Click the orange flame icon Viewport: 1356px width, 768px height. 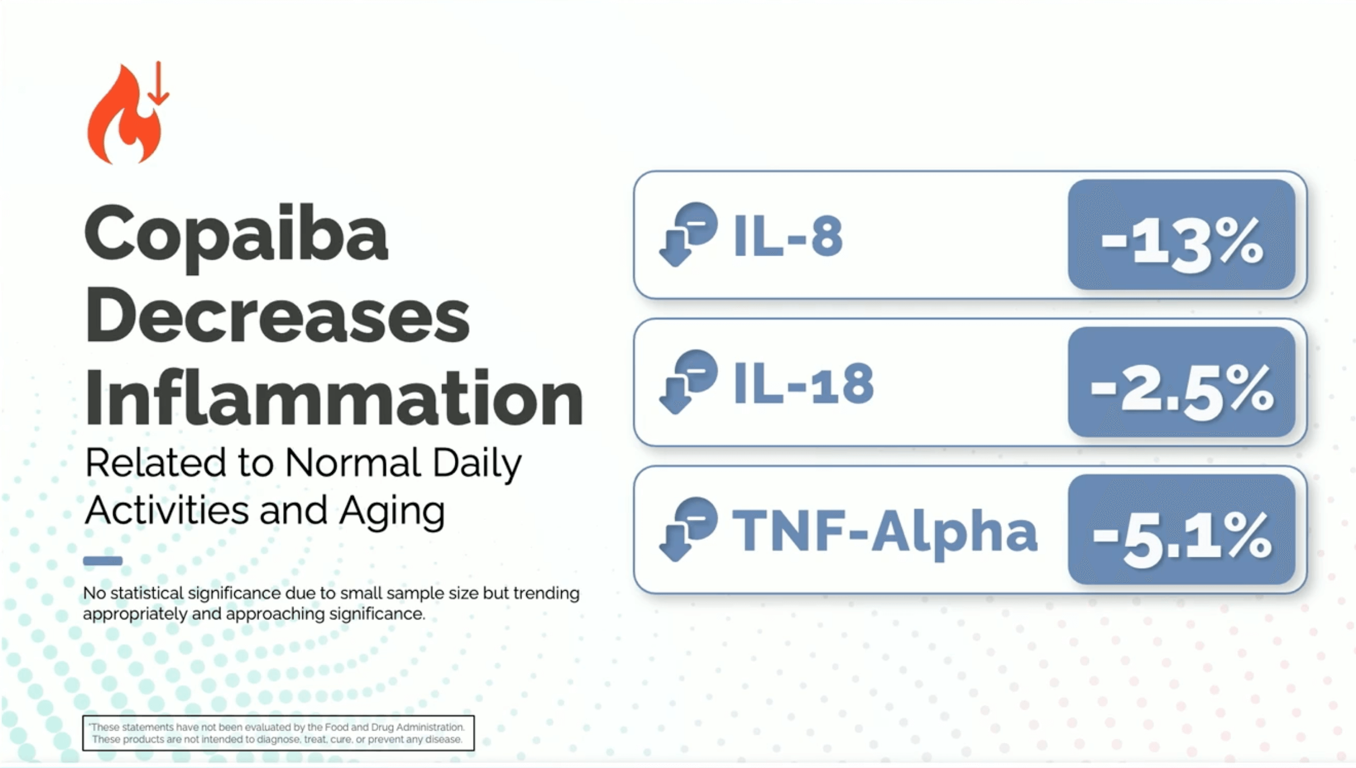(x=123, y=118)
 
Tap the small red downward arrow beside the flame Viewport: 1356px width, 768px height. (x=158, y=83)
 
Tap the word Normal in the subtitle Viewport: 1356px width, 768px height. (x=353, y=462)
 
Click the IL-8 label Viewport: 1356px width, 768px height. (x=787, y=237)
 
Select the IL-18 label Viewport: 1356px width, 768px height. (x=803, y=384)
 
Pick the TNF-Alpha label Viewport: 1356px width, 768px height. (x=885, y=531)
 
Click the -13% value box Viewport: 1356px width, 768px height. (x=1182, y=234)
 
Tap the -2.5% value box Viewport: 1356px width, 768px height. (x=1182, y=382)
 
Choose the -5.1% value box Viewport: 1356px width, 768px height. (x=1182, y=529)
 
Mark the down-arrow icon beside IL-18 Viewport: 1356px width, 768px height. (x=688, y=382)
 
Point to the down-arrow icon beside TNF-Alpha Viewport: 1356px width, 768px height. (x=688, y=529)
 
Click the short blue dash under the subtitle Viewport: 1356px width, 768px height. (x=103, y=561)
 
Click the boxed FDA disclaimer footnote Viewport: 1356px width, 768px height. (x=279, y=733)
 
